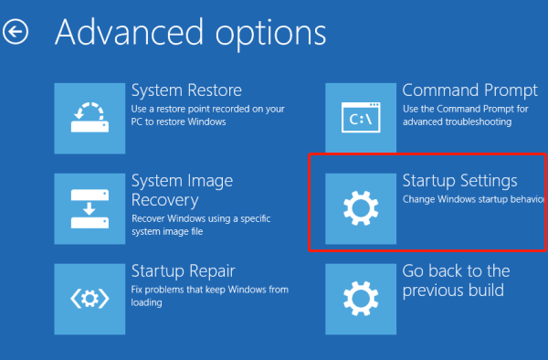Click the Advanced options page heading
coord(190,33)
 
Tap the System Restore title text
coord(186,90)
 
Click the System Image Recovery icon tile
coord(90,207)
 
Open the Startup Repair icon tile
coord(90,298)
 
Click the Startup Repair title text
coord(184,271)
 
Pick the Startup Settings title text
coord(459,181)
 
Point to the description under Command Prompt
coord(465,116)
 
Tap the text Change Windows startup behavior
coord(473,199)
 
